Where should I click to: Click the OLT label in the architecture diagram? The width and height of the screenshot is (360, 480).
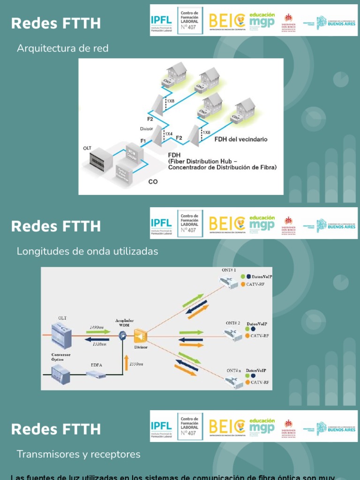click(x=87, y=148)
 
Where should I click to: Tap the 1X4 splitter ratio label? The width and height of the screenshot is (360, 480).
click(x=167, y=134)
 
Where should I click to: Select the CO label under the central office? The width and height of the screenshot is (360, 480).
click(x=153, y=182)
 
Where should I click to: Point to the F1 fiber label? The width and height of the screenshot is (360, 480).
click(x=143, y=141)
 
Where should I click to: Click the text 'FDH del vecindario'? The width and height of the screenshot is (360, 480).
click(x=241, y=139)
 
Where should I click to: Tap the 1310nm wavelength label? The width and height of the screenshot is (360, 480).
click(x=99, y=344)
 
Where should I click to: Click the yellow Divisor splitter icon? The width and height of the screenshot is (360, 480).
click(x=141, y=336)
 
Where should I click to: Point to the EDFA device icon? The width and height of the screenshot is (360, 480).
click(x=96, y=374)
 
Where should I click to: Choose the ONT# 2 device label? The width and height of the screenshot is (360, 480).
click(x=233, y=323)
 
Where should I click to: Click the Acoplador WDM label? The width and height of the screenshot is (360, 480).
click(x=124, y=323)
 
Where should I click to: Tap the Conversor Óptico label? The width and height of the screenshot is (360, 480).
click(x=61, y=358)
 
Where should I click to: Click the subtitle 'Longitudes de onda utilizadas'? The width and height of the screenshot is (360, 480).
click(x=87, y=251)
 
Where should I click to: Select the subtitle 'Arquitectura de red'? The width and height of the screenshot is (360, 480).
click(x=62, y=48)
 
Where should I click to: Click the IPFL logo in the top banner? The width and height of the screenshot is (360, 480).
click(x=161, y=20)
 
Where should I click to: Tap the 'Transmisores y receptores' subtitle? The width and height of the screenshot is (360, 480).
click(x=78, y=454)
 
